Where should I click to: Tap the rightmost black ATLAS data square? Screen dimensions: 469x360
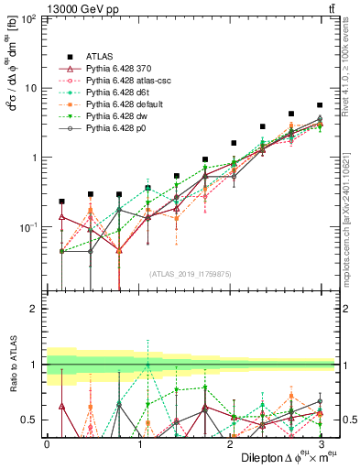[319, 105]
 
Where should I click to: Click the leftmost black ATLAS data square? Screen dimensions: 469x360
[61, 201]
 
